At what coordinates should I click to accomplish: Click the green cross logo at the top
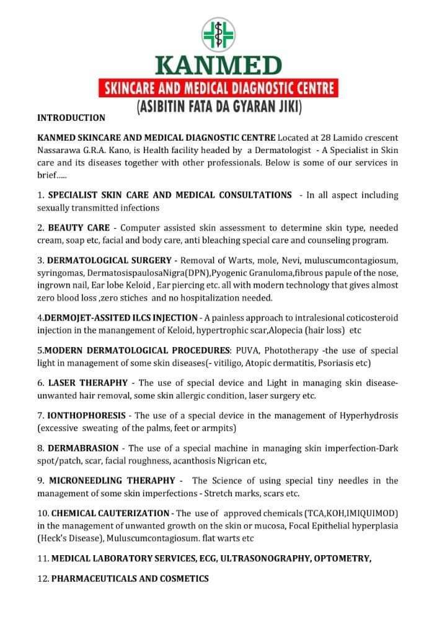219,34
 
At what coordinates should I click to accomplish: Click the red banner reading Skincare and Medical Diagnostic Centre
219,87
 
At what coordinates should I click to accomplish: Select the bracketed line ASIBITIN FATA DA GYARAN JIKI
219,106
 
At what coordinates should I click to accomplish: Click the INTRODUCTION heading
71,118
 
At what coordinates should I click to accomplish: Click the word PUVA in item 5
241,349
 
